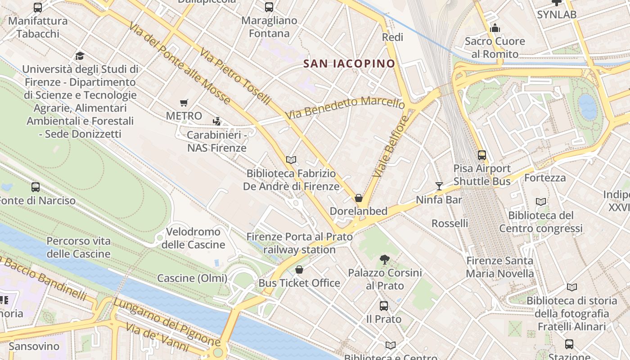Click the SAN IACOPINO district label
click(x=349, y=63)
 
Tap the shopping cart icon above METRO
click(x=184, y=103)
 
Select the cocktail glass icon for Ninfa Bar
click(x=439, y=186)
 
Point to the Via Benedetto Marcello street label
click(x=345, y=108)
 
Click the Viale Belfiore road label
click(x=390, y=146)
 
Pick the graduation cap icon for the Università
click(x=80, y=56)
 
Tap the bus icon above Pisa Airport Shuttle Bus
click(x=482, y=155)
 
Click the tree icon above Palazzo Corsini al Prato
click(x=384, y=259)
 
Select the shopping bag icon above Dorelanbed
click(x=359, y=198)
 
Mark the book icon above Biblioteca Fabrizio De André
click(x=291, y=160)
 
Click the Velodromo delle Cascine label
click(x=193, y=238)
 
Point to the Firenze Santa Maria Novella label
click(x=499, y=267)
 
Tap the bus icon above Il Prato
click(x=384, y=306)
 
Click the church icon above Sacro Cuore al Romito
click(x=495, y=28)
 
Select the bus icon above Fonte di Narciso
click(x=36, y=187)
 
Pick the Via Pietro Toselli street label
click(x=235, y=76)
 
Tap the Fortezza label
click(x=545, y=178)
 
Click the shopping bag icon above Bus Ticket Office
click(x=299, y=270)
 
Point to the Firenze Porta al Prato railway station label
click(x=299, y=243)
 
